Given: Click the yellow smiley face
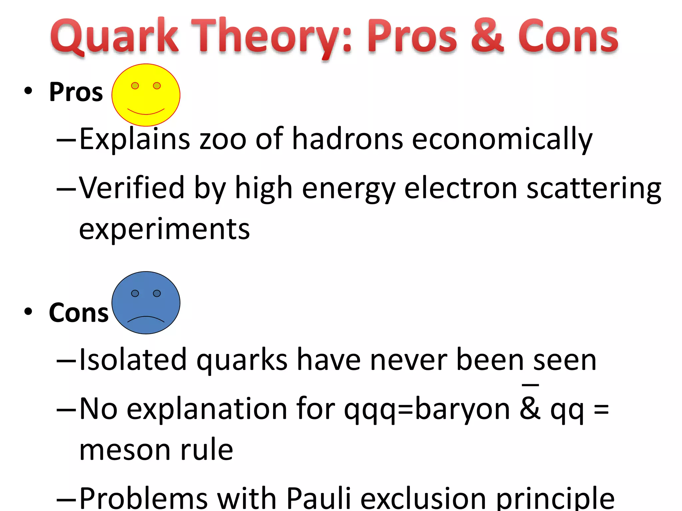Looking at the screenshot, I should (146, 95).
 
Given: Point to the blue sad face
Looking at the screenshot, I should (146, 302).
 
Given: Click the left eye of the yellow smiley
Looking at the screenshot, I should (135, 86).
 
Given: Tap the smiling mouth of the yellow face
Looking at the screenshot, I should (146, 111).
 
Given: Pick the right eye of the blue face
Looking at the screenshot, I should (157, 293).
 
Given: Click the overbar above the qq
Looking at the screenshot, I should (530, 385).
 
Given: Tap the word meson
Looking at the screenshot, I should (125, 450).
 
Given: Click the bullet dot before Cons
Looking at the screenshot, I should (28, 312).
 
